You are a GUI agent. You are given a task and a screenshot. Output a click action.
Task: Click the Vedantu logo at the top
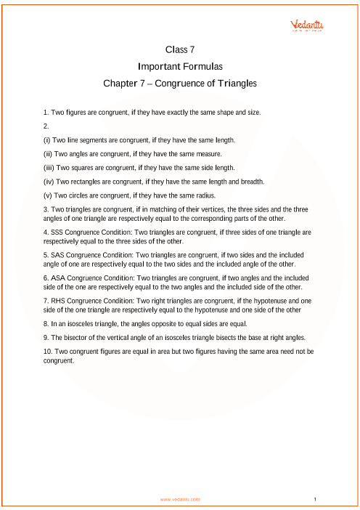[x=307, y=25]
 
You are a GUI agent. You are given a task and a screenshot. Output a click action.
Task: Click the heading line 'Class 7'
[x=180, y=50]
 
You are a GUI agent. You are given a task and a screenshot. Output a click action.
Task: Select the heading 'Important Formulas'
[x=180, y=66]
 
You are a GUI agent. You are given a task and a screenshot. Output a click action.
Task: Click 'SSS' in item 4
[x=59, y=232]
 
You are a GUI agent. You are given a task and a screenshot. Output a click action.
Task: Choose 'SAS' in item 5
[x=59, y=256]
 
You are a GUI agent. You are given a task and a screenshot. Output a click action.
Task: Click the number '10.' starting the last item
[x=49, y=352]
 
